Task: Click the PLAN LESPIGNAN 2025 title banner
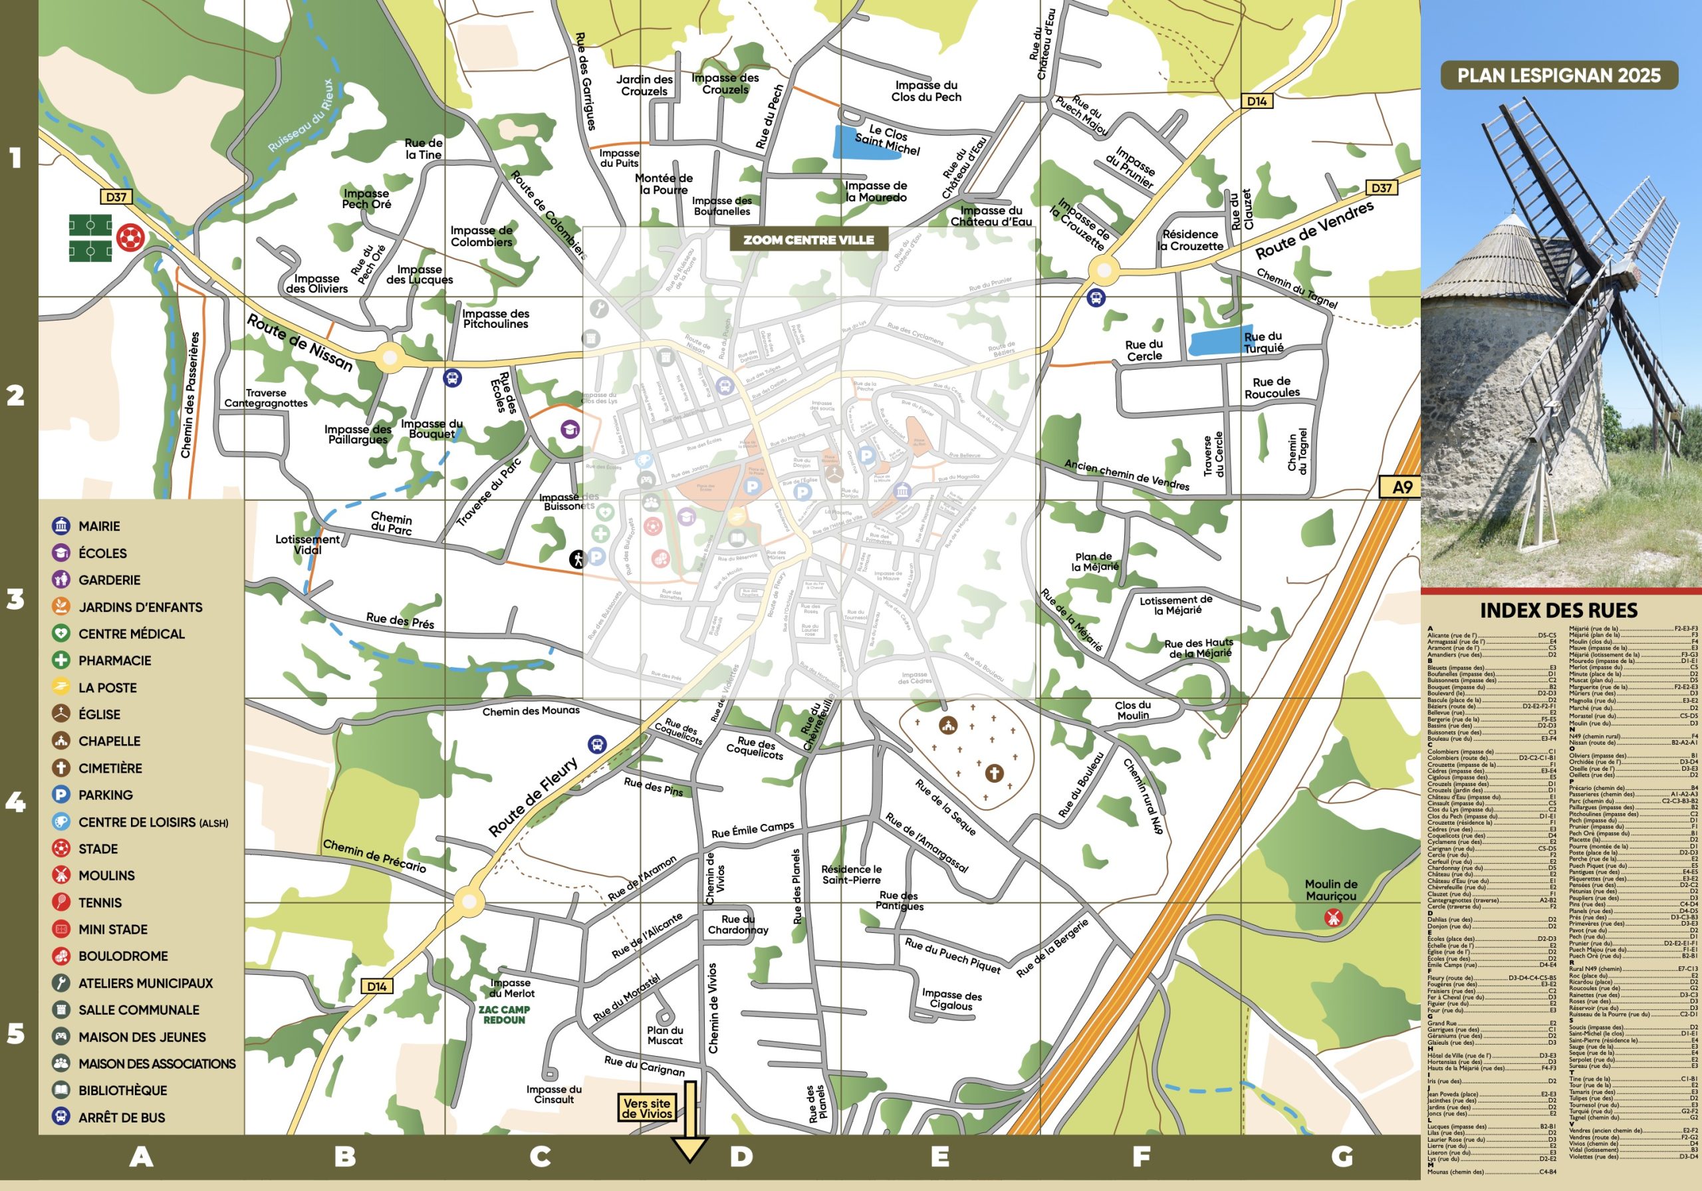(x=1558, y=75)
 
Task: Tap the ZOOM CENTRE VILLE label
(x=808, y=239)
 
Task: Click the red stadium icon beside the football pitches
(x=130, y=238)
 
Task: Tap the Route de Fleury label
(x=533, y=797)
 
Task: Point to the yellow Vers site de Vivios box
(x=646, y=1108)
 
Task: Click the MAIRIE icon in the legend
(x=61, y=526)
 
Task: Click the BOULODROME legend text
(x=123, y=956)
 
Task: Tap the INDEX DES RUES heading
(x=1558, y=610)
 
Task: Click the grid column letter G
(x=1342, y=1156)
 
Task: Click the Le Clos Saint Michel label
(x=888, y=140)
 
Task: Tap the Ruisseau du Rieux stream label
(x=301, y=116)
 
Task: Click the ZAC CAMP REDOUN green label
(x=503, y=1015)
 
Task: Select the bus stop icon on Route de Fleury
(x=597, y=744)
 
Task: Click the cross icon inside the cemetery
(x=994, y=773)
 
